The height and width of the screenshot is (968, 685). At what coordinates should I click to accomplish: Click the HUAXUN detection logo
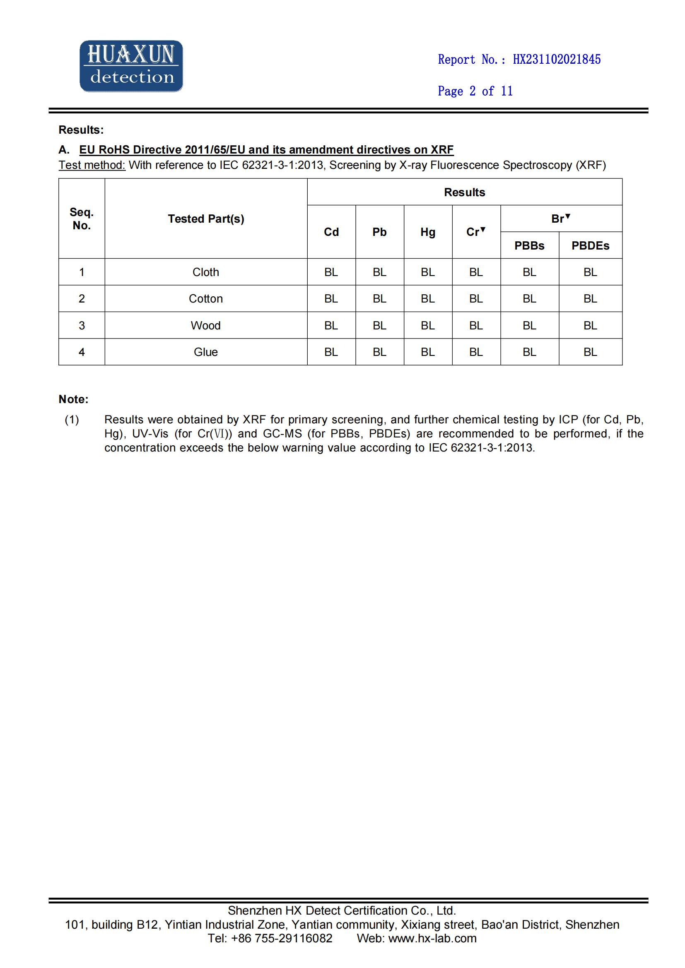[x=131, y=66]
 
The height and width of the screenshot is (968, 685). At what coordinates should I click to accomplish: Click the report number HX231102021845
[x=556, y=60]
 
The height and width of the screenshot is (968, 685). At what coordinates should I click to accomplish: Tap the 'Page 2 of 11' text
[x=475, y=91]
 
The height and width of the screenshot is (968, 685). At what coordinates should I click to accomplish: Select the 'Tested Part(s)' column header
[x=206, y=219]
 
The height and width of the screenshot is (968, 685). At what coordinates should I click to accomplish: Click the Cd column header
[x=331, y=232]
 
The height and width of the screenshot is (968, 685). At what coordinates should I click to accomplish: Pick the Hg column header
[x=428, y=232]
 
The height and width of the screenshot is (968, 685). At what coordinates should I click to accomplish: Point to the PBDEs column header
[x=590, y=245]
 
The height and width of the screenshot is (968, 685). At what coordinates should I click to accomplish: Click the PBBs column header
[x=529, y=245]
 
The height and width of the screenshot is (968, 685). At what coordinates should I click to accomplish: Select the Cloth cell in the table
[x=206, y=272]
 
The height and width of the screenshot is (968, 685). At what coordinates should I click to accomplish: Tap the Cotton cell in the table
[x=206, y=298]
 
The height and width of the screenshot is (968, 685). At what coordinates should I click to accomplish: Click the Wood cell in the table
[x=206, y=325]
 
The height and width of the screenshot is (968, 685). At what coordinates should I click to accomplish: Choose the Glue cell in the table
[x=206, y=352]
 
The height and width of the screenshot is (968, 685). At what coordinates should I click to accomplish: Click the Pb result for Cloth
[x=379, y=272]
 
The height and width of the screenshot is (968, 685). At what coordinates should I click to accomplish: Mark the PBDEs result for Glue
[x=590, y=352]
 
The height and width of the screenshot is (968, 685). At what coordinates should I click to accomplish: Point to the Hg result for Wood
[x=428, y=325]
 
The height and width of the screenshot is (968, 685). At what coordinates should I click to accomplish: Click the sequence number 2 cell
[x=82, y=298]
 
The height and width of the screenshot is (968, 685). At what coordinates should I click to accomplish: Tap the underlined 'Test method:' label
[x=92, y=165]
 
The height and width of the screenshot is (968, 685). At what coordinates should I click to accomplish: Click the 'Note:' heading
[x=73, y=399]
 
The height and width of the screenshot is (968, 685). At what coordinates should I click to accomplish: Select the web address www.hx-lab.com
[x=432, y=938]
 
